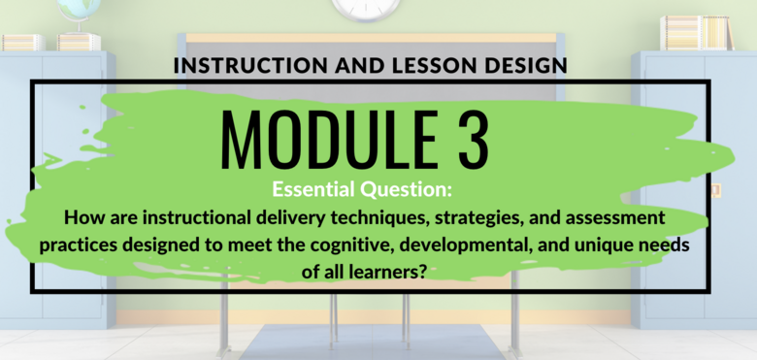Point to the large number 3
tap(474, 140)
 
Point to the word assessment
tap(614, 218)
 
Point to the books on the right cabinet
tap(697, 32)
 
